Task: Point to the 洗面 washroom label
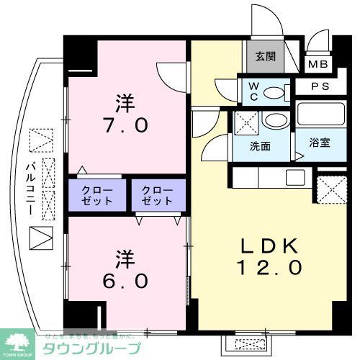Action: pyautogui.click(x=260, y=146)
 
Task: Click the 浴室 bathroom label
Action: pyautogui.click(x=320, y=143)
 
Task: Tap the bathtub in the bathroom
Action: pyautogui.click(x=320, y=115)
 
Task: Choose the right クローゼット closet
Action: pyautogui.click(x=158, y=194)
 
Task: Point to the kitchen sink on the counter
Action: pyautogui.click(x=295, y=177)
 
